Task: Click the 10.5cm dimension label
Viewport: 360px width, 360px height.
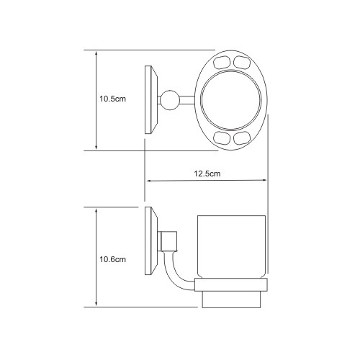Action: coord(112,99)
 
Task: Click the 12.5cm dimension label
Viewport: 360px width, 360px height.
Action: coord(207,174)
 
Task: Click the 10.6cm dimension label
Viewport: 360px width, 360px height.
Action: coord(112,259)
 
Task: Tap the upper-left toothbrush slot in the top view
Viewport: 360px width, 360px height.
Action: coord(222,62)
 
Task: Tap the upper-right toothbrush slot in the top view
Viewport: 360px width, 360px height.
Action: coord(242,62)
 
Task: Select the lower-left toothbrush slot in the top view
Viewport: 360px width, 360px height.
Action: coord(222,138)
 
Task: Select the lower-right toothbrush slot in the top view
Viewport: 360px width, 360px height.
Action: coord(242,138)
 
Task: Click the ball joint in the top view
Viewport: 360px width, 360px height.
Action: coord(170,100)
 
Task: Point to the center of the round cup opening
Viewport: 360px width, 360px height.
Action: coord(230,100)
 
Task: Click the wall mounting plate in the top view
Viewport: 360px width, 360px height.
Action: coord(150,99)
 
